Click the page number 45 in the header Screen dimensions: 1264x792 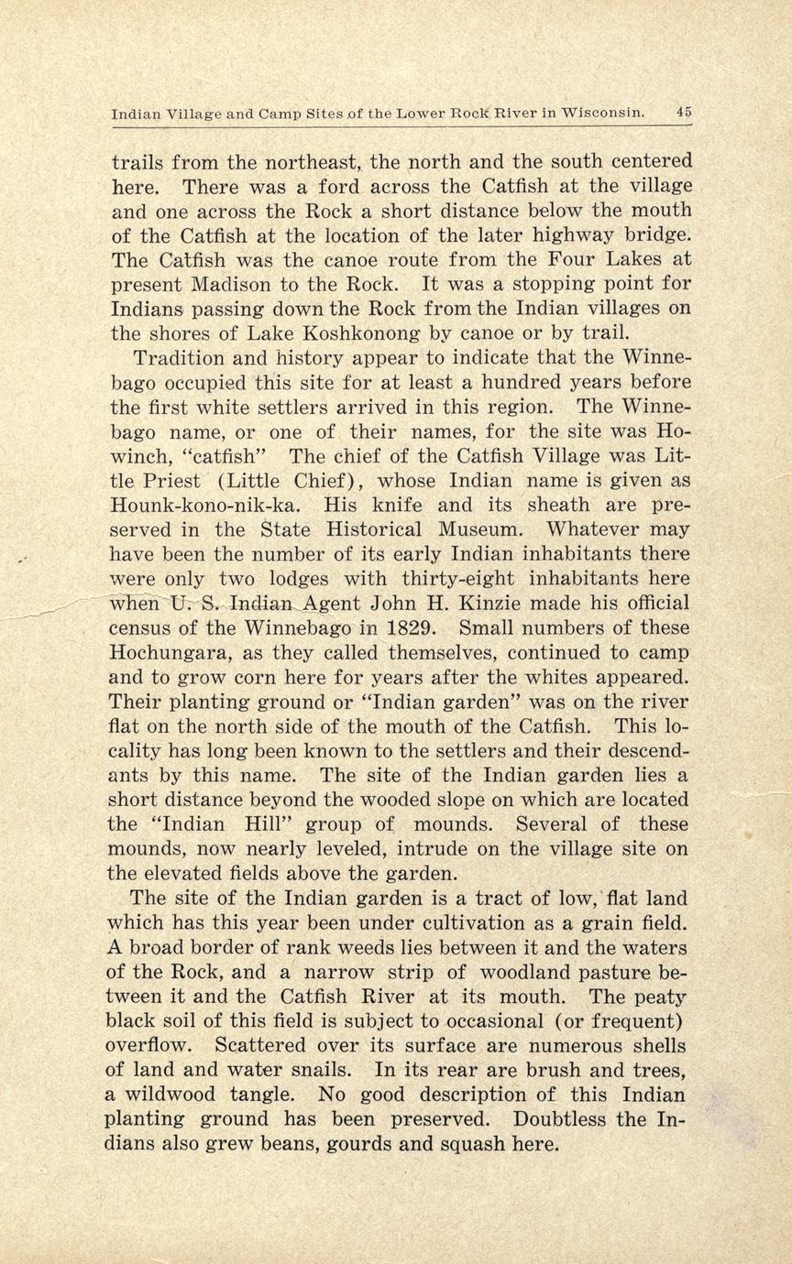(684, 112)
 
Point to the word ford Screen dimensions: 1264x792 (340, 187)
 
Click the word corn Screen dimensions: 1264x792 (266, 678)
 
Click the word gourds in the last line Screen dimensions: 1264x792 (362, 1143)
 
